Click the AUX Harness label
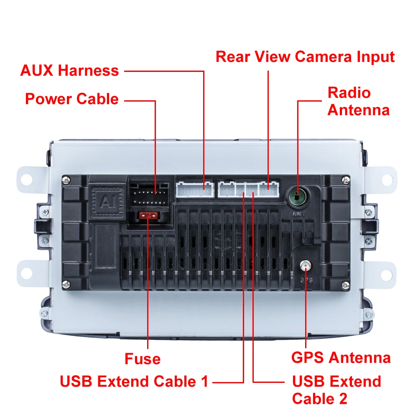point(69,70)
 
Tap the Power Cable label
point(71,99)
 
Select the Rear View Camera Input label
point(305,56)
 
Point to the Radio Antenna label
point(358,101)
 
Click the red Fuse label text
point(142,359)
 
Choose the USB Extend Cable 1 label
point(134,381)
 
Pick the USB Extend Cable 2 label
point(336,390)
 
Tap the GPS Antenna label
point(341,358)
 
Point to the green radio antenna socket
point(296,195)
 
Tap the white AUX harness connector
point(194,189)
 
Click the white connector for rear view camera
point(268,189)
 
